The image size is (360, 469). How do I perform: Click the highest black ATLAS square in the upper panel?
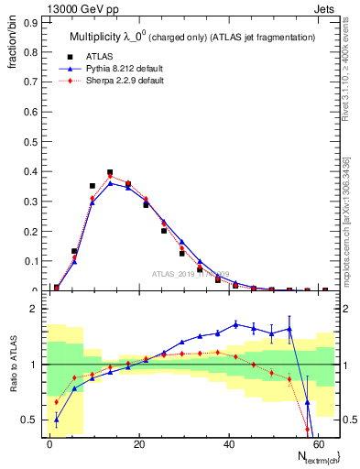coord(110,172)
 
